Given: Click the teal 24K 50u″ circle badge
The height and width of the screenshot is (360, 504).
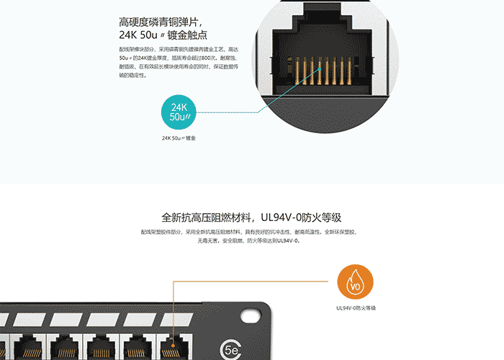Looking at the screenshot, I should pos(180,112).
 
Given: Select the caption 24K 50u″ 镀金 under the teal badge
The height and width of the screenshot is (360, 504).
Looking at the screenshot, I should pos(179,138).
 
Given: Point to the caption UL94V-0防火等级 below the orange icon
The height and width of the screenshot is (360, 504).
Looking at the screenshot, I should pos(356,308).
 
